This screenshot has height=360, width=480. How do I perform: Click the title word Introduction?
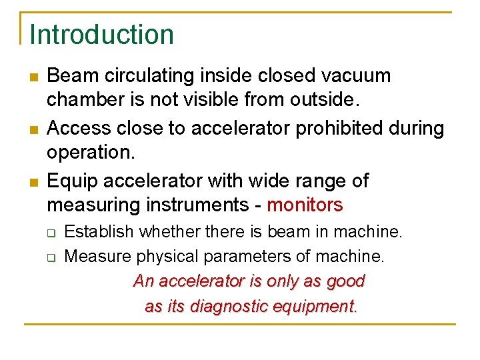101,34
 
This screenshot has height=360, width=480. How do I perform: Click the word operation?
91,153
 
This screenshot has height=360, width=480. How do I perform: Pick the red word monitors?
305,205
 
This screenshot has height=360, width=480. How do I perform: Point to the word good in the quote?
345,281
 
